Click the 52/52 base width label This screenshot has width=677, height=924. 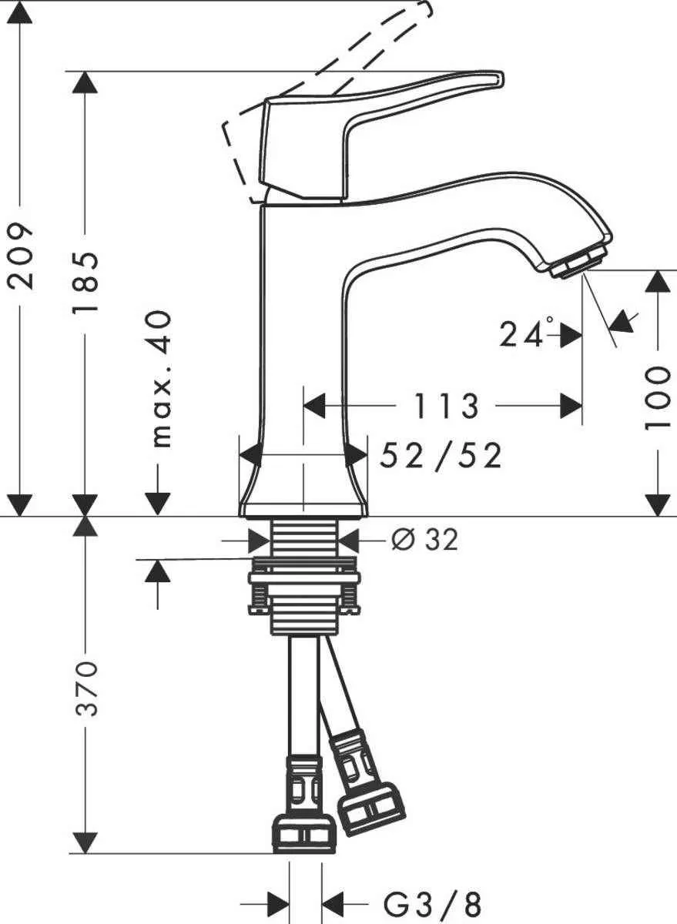(441, 456)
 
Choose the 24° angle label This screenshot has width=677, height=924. (527, 333)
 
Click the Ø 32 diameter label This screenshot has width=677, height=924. (424, 540)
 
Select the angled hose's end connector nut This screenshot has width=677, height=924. (371, 808)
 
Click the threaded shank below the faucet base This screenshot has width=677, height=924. (304, 535)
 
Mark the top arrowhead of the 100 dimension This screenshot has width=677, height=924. (657, 281)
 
